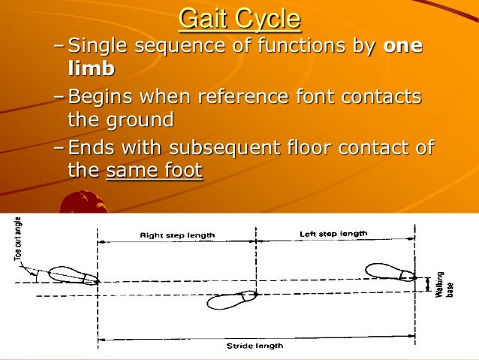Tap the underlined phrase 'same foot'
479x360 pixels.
point(154,171)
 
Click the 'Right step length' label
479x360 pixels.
point(178,235)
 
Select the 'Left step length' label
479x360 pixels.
point(333,234)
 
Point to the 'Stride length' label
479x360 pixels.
point(255,346)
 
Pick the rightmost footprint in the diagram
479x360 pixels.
point(389,272)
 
